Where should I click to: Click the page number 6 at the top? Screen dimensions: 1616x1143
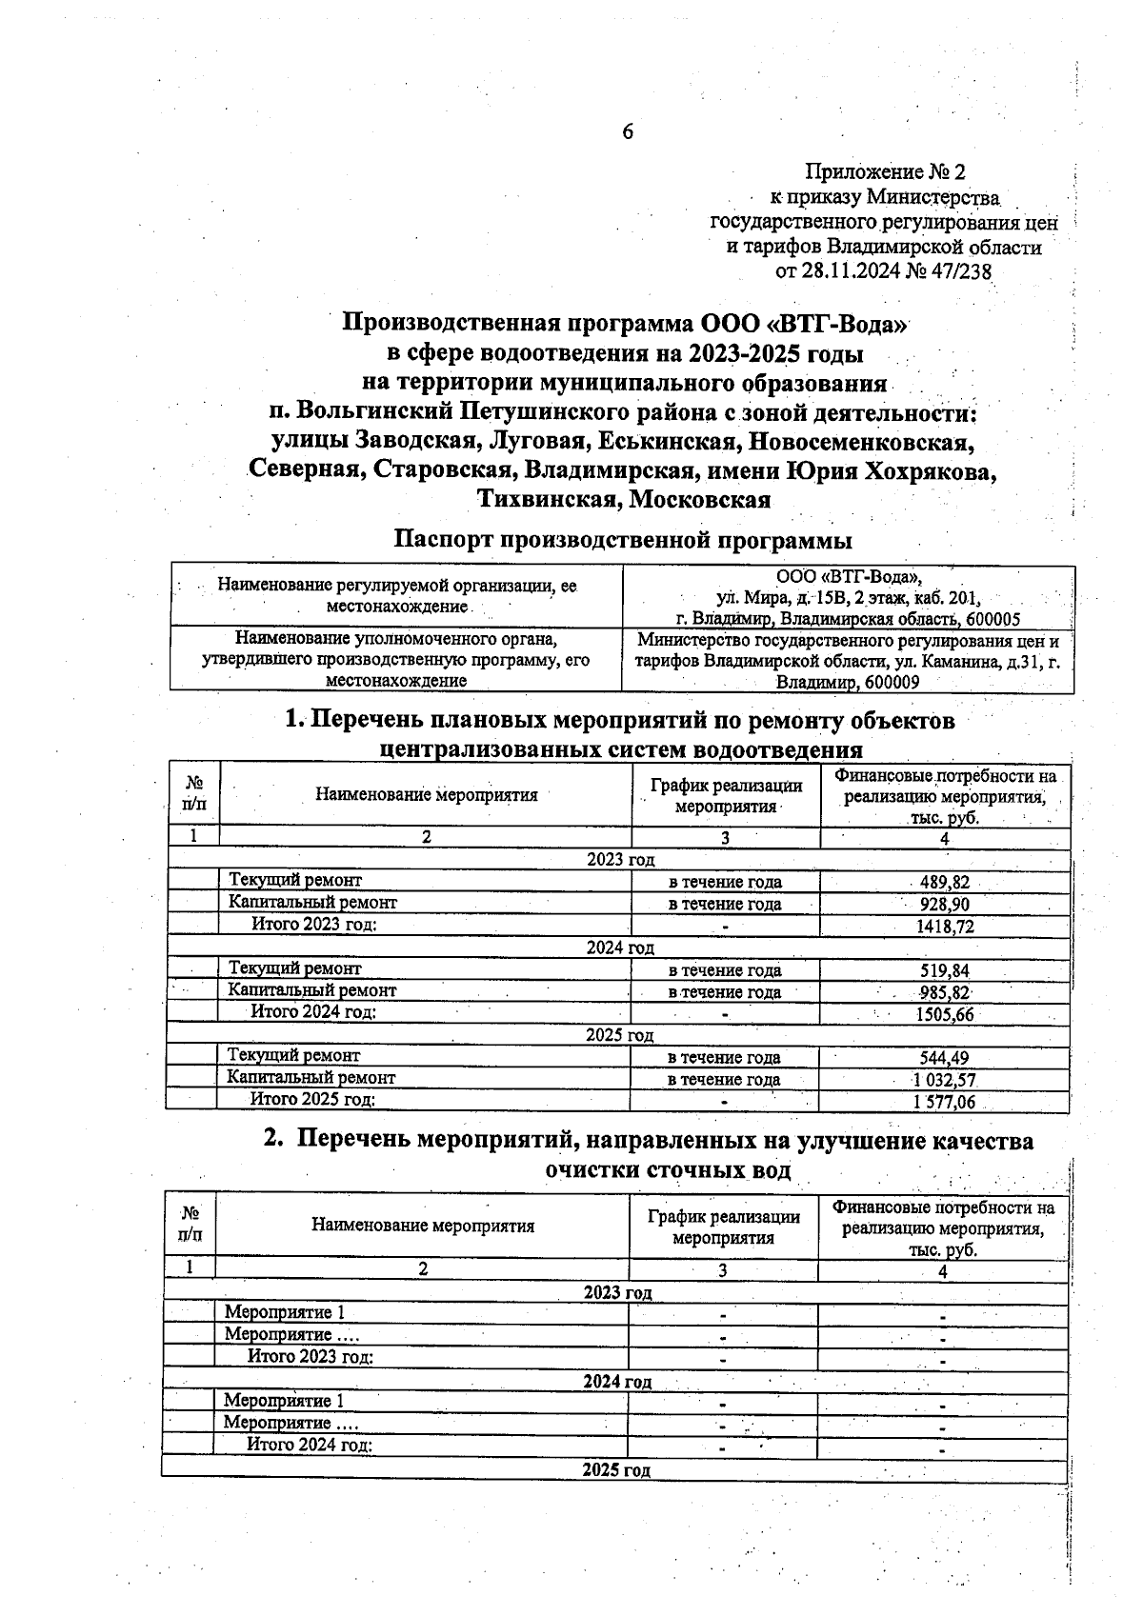point(628,131)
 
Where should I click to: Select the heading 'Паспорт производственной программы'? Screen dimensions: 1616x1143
point(624,540)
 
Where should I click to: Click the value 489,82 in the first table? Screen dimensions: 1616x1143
point(944,883)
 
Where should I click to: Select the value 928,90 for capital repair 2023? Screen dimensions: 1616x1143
point(944,905)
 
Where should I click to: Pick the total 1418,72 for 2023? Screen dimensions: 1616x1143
point(944,927)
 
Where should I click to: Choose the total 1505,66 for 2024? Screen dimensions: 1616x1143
point(944,1015)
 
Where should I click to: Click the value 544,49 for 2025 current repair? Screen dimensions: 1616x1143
point(944,1058)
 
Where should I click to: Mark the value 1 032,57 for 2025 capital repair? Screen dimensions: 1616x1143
point(944,1081)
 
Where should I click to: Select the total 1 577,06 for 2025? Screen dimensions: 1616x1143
point(944,1103)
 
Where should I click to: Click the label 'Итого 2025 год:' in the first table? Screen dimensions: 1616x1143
point(312,1100)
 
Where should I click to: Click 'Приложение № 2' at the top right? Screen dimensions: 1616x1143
point(885,172)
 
